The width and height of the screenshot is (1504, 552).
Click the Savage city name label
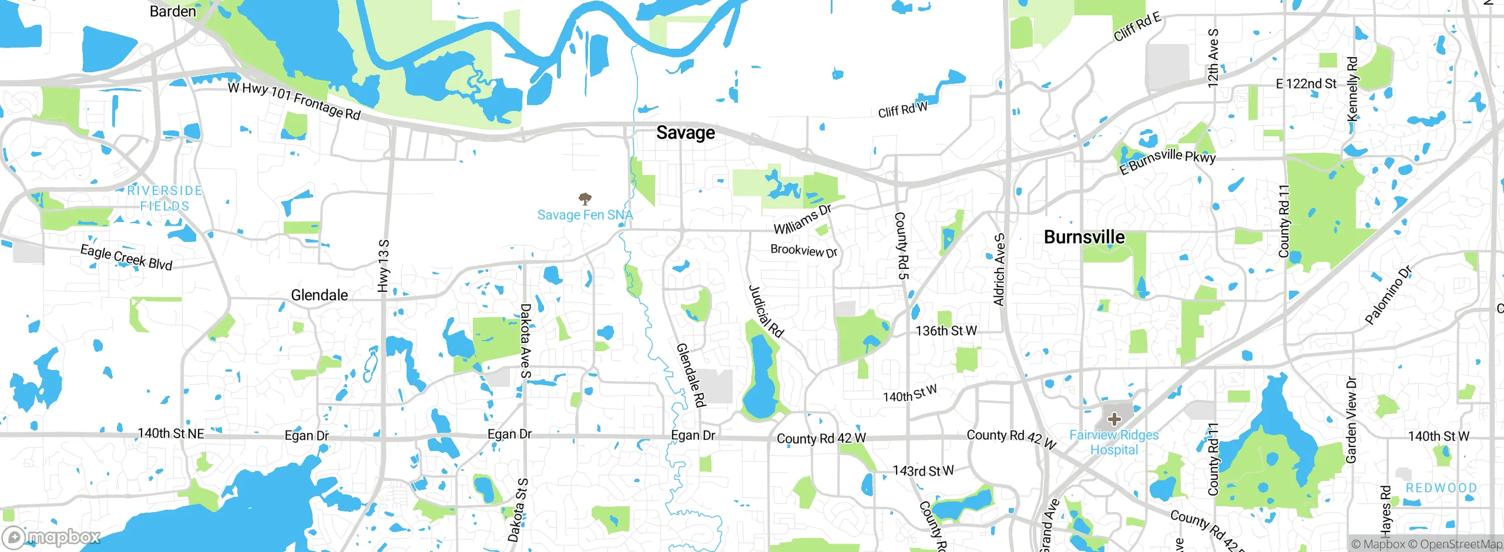point(686,133)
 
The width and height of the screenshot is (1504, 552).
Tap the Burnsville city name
point(1084,237)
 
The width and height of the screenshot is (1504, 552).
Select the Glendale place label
point(320,295)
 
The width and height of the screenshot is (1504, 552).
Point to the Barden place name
point(173,11)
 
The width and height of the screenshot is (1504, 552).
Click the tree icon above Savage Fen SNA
point(585,198)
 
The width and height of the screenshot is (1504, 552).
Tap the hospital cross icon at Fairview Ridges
point(1114,419)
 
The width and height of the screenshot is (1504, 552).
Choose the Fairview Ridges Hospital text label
point(1114,442)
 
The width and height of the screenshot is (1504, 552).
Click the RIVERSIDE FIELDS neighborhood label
point(165,198)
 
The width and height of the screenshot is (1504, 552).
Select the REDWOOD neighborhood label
point(1441,488)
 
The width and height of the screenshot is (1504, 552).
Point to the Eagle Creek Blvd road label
point(126,258)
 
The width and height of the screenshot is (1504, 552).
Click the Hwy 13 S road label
point(383,265)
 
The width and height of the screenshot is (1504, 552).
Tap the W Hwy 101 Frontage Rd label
point(294,100)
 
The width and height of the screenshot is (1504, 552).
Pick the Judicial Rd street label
point(766,311)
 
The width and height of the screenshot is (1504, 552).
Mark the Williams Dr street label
point(803,219)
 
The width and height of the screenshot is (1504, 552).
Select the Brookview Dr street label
point(804,251)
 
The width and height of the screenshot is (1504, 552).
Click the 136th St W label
point(946,331)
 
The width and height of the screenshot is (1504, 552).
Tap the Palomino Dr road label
point(1388,296)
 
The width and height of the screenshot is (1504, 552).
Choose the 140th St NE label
point(171,433)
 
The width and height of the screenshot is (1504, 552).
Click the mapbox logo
point(52,537)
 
